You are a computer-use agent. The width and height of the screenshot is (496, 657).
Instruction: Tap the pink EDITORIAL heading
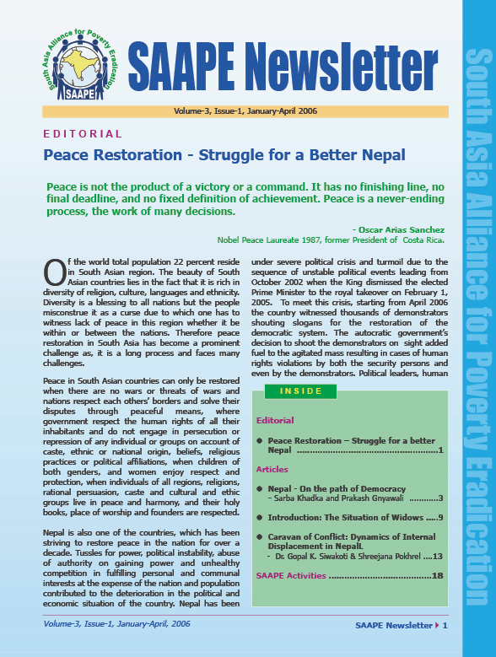(83, 134)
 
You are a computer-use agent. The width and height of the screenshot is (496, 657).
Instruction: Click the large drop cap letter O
(52, 252)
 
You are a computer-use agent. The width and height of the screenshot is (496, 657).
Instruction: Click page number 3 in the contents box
(439, 498)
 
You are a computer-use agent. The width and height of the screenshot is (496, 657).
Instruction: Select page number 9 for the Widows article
(439, 517)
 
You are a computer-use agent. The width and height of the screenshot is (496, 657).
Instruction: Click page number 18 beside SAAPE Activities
(437, 575)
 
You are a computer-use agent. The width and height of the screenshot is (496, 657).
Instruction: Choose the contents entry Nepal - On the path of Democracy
(336, 488)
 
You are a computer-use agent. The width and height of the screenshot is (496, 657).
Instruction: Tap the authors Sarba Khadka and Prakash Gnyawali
(330, 498)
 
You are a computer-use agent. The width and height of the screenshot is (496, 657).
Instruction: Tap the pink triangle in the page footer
(436, 625)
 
